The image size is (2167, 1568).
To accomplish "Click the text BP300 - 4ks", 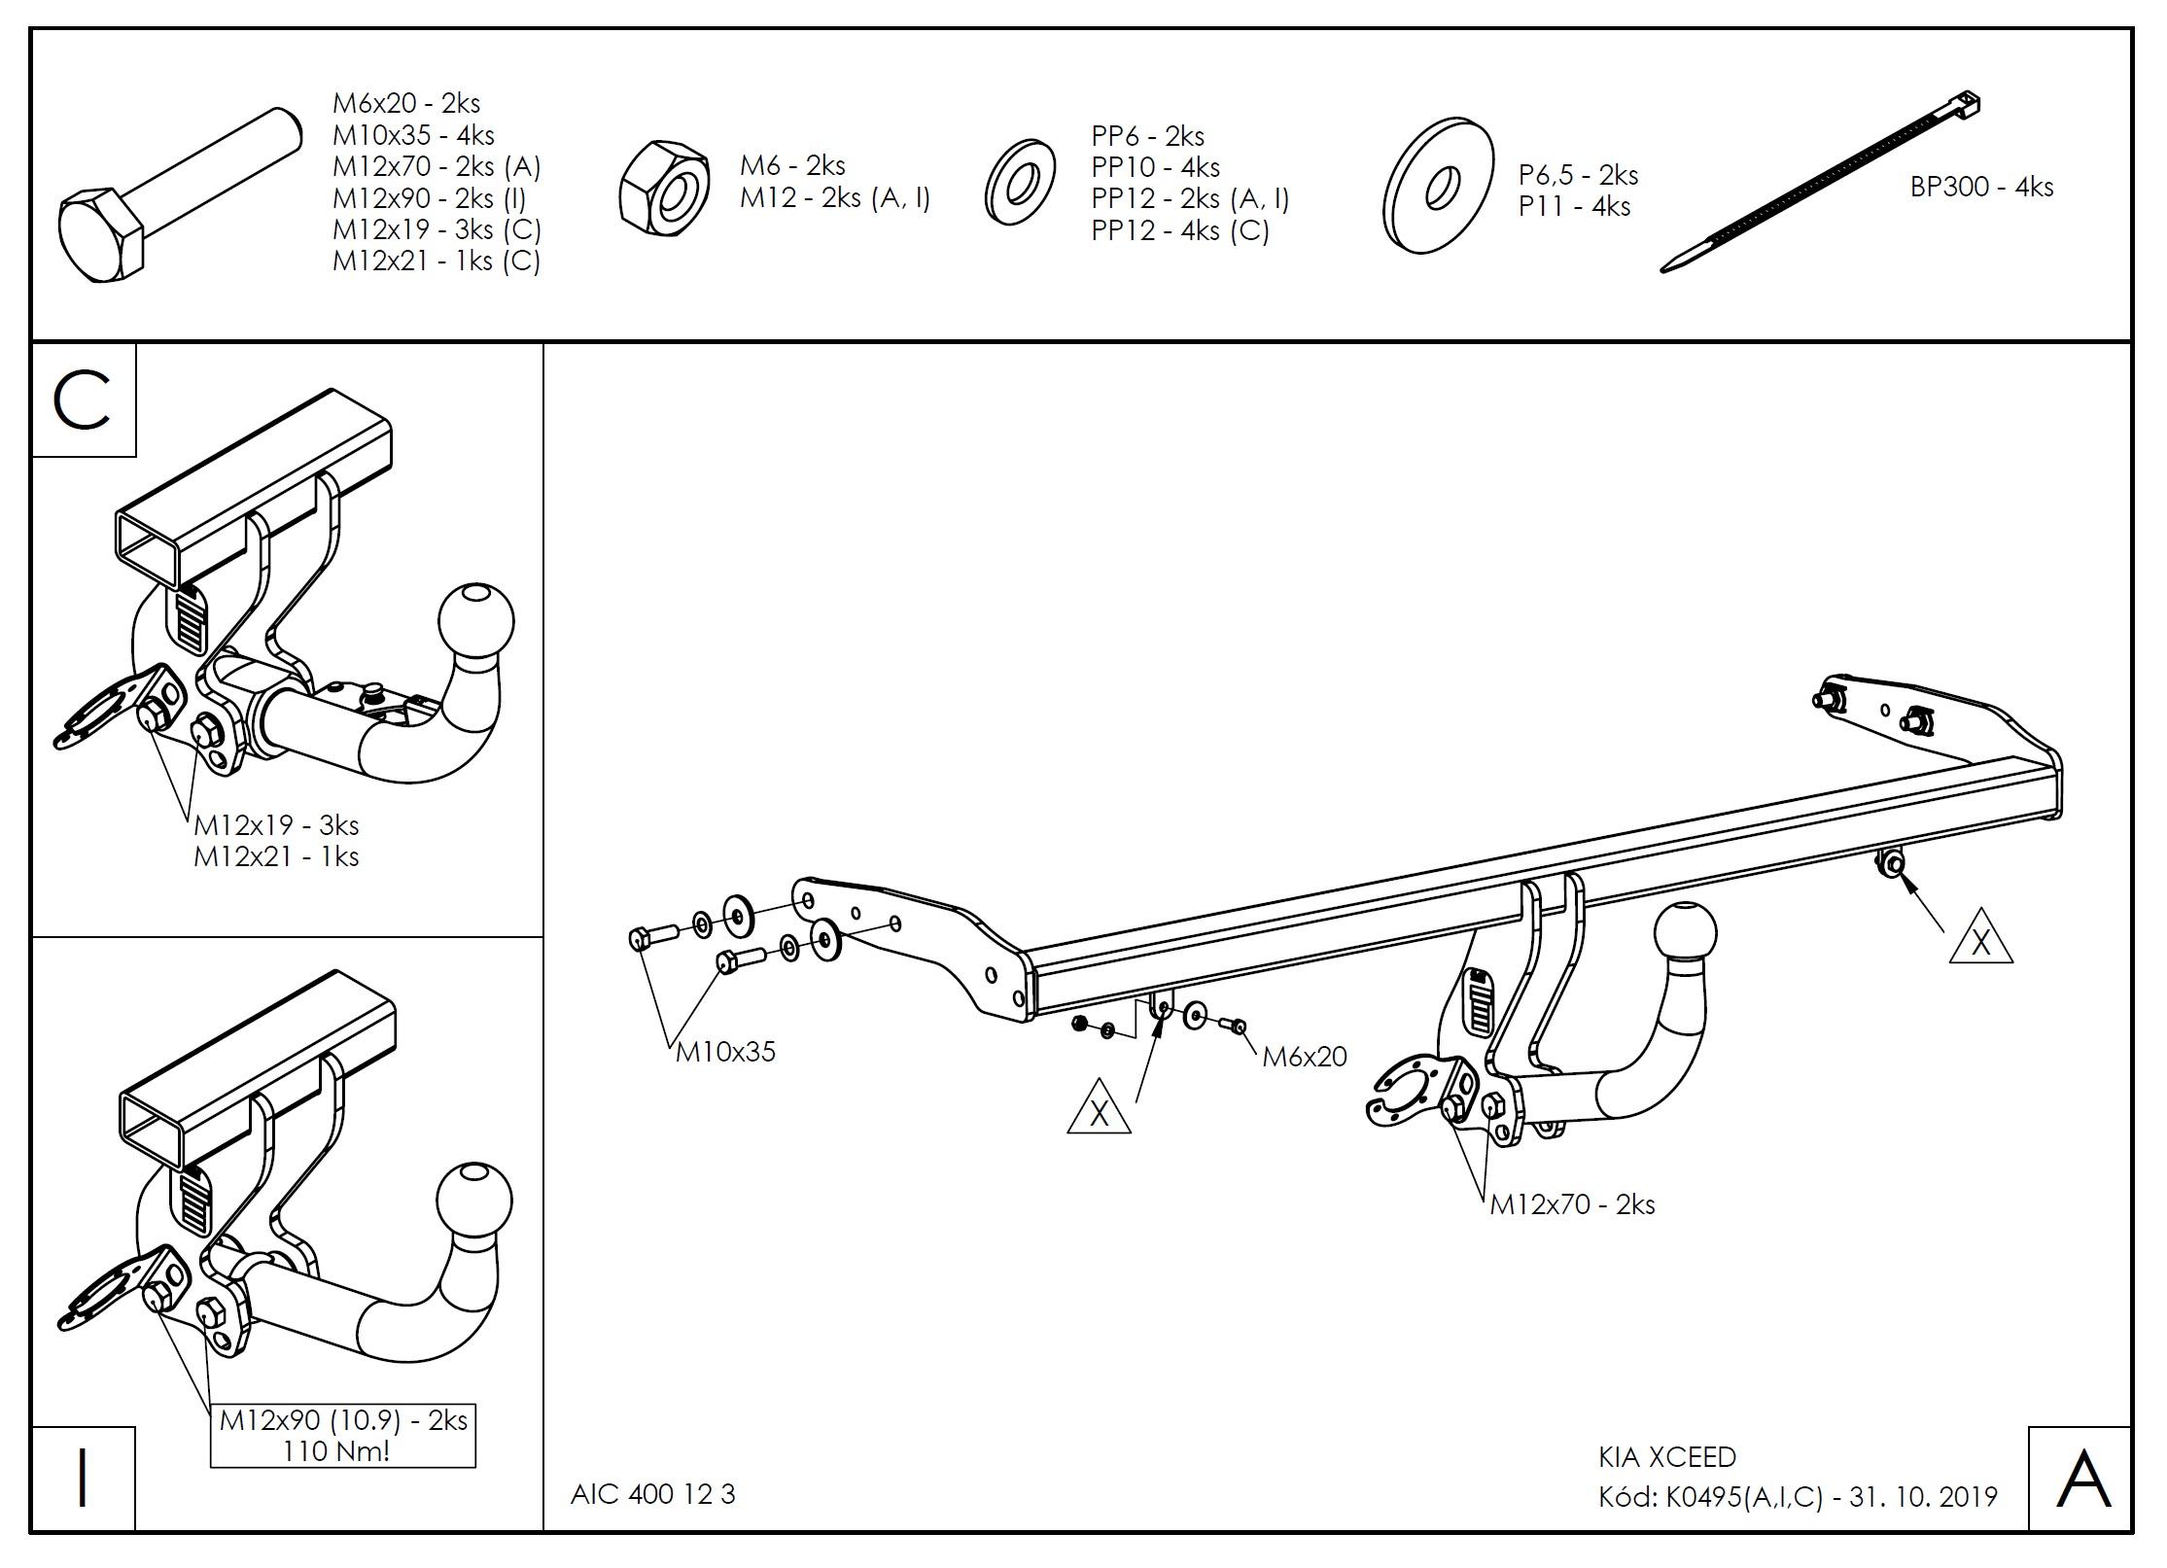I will pyautogui.click(x=1981, y=187).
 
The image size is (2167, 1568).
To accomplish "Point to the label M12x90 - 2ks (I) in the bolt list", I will pyautogui.click(x=429, y=197).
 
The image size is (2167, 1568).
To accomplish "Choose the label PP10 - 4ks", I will pyautogui.click(x=1155, y=167).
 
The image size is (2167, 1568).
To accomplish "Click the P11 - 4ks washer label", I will pyautogui.click(x=1574, y=206).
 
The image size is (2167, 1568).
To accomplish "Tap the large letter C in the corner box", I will pyautogui.click(x=83, y=401).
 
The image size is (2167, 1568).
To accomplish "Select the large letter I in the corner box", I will pyautogui.click(x=83, y=1479).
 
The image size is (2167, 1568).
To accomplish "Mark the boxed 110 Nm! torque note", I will pyautogui.click(x=342, y=1451).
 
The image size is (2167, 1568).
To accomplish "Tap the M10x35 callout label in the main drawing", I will pyautogui.click(x=725, y=1052).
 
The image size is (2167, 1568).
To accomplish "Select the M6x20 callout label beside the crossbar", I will pyautogui.click(x=1304, y=1057).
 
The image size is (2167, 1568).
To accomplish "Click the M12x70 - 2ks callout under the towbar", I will pyautogui.click(x=1572, y=1204).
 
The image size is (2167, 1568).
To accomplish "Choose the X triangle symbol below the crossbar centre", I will pyautogui.click(x=1099, y=1110).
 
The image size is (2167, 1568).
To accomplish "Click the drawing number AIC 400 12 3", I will pyautogui.click(x=652, y=1494).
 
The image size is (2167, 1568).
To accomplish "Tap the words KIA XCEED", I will pyautogui.click(x=1666, y=1457).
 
